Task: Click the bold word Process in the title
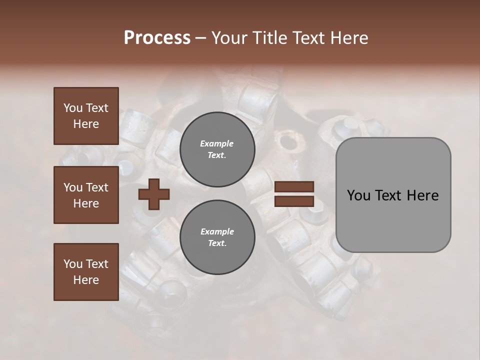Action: (x=157, y=38)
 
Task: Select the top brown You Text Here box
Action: (x=86, y=116)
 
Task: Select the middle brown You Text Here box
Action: (x=86, y=195)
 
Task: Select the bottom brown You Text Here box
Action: (x=86, y=271)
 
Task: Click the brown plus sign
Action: (x=154, y=193)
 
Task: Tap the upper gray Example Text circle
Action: (x=217, y=149)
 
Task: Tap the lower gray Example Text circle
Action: (x=217, y=237)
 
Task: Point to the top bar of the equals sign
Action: (x=294, y=187)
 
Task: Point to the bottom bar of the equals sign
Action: (x=294, y=201)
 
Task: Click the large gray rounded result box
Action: (x=393, y=220)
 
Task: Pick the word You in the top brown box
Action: (x=73, y=108)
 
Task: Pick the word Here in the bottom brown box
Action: (x=86, y=280)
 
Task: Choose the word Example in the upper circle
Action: (x=217, y=143)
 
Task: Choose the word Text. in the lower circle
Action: (x=217, y=243)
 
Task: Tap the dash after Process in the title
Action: (x=201, y=38)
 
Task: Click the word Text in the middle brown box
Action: (x=97, y=187)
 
